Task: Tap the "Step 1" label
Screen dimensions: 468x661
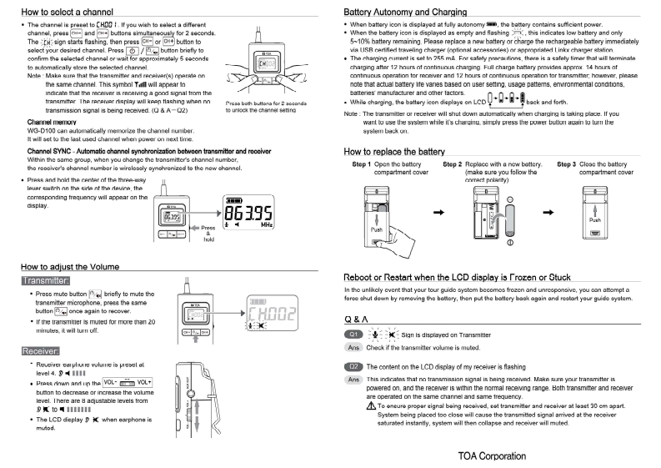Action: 367,165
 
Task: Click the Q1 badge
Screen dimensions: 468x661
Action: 356,334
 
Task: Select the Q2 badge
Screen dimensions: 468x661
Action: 356,366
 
